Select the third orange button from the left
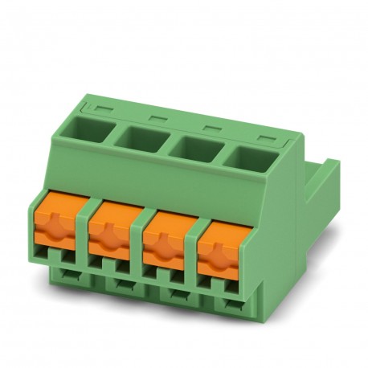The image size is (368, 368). (166, 243)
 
